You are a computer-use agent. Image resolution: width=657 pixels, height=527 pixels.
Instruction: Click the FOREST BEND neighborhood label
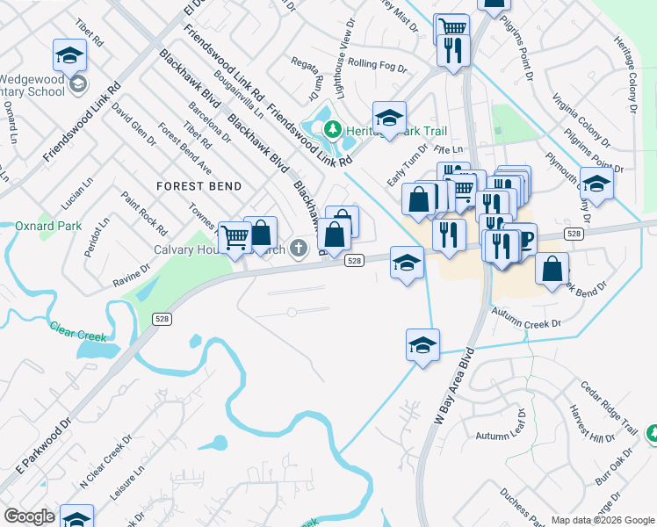[x=199, y=186]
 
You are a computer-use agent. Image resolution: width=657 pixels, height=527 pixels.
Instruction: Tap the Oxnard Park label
[x=48, y=226]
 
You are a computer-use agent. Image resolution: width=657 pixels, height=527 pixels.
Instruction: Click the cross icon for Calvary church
[x=299, y=248]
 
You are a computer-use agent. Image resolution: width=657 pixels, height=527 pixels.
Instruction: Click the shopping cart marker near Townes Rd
[x=235, y=237]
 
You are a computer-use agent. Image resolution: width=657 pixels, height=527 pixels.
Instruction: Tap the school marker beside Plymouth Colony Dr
[x=596, y=184]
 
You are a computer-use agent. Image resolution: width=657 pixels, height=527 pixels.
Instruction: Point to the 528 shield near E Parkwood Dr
[x=162, y=319]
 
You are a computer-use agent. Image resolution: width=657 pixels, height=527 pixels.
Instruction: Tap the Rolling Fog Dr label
[x=374, y=63]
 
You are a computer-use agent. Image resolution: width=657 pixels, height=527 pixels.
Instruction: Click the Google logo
[x=30, y=516]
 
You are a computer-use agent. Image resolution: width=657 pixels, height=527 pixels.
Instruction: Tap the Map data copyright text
[x=602, y=520]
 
